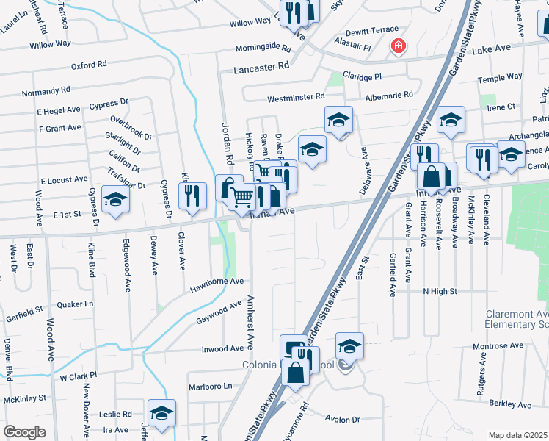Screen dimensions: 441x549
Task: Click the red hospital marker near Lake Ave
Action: [398, 46]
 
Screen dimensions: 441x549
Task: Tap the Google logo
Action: [24, 432]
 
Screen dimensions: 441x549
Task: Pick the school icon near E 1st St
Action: [116, 200]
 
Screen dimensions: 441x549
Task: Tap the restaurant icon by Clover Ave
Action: [192, 196]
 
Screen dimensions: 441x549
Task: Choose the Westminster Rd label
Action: [295, 96]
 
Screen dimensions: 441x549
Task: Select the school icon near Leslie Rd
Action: [161, 412]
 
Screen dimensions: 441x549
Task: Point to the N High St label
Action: [440, 291]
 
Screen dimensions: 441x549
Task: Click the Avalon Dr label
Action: [345, 420]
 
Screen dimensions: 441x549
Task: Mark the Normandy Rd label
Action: [46, 92]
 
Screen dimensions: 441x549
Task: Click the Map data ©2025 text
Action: [517, 435]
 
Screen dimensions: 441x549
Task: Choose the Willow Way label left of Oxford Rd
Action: [50, 45]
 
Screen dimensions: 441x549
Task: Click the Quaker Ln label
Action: [76, 304]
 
